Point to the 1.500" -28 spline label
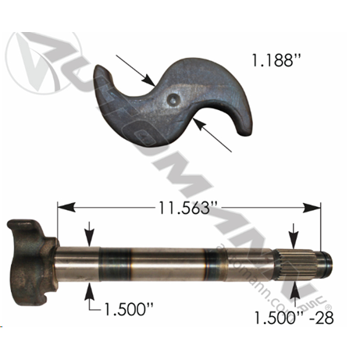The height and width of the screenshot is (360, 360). coord(294,318)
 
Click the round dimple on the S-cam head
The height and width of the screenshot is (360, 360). coord(173,99)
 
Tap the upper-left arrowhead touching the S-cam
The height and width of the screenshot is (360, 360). coord(149,80)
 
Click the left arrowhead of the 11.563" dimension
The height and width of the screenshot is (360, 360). coord(66,208)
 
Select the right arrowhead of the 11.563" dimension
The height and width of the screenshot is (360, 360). coord(312,208)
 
